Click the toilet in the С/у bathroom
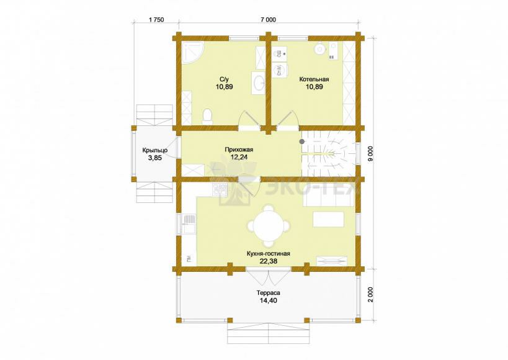(x=207, y=117)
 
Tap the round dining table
(x=268, y=225)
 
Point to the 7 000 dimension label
(x=268, y=20)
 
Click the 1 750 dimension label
(x=156, y=20)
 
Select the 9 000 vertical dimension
(x=371, y=154)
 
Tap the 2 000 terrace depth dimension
(x=371, y=295)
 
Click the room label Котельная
(x=314, y=79)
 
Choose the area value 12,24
(x=239, y=157)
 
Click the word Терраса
(x=268, y=293)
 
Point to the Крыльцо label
(x=155, y=150)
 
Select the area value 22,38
(x=268, y=261)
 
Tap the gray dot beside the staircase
(x=301, y=142)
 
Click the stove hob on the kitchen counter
(x=220, y=190)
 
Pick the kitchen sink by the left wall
(x=189, y=224)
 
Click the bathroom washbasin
(x=259, y=83)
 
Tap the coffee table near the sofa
(x=328, y=219)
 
